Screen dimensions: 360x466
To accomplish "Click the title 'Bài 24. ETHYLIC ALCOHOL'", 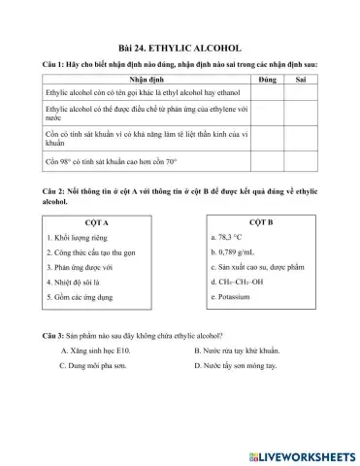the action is [179, 47].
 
